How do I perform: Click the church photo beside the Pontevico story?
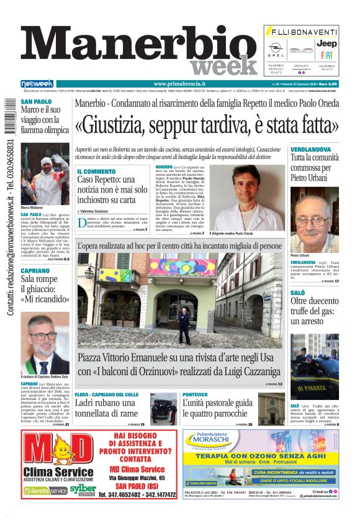271,407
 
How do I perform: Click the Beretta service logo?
44,491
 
